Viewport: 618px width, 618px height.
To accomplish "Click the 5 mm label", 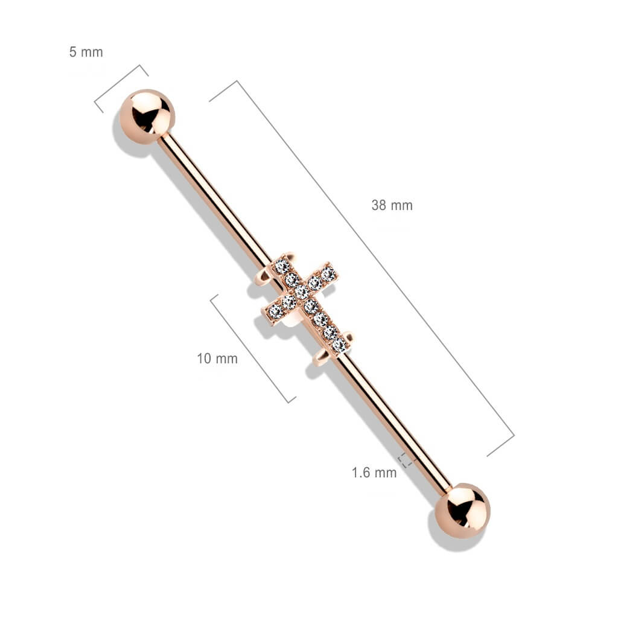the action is [86, 52].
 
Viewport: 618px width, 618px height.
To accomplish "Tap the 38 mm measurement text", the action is [392, 205].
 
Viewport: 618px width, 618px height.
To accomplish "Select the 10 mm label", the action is [217, 358].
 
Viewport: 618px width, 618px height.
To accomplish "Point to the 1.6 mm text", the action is [374, 473].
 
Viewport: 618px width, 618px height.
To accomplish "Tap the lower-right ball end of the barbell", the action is [463, 511].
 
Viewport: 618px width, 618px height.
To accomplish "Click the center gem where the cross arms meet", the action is [302, 292].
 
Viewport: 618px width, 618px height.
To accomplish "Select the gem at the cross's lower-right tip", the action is [339, 344].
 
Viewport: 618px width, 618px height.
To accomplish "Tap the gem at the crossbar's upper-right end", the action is [328, 273].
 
